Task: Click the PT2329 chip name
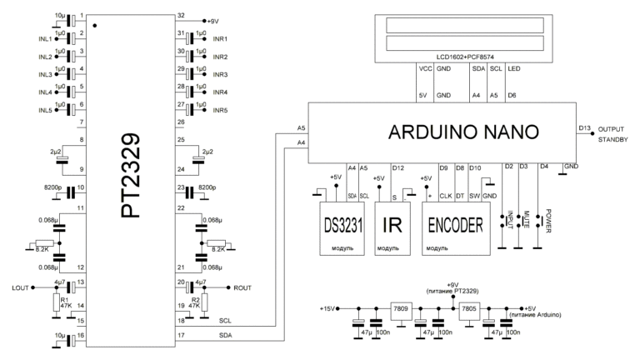[x=133, y=179]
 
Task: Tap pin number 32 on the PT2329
[x=179, y=16]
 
